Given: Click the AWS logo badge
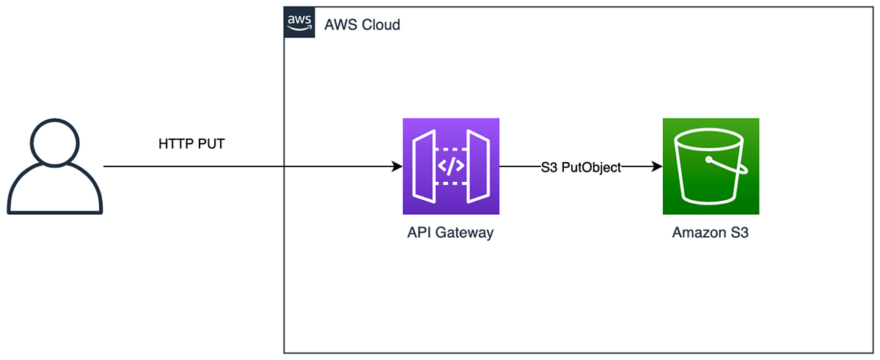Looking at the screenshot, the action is click(x=299, y=22).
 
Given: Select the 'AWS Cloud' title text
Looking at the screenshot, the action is click(x=362, y=25).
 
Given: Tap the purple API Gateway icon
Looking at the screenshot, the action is click(x=451, y=166).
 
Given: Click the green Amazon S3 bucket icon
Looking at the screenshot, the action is click(x=711, y=166).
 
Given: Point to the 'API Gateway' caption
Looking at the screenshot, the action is click(x=450, y=232).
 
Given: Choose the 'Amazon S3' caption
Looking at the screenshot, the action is click(x=711, y=232).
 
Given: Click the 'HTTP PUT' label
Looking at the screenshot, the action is click(x=191, y=144).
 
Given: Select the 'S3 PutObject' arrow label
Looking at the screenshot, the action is click(x=581, y=167).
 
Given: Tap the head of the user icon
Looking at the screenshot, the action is click(x=54, y=143).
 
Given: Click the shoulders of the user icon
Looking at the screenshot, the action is click(x=54, y=189).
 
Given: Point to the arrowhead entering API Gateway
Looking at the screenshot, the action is click(x=397, y=166).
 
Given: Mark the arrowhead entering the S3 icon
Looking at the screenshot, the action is click(x=657, y=166).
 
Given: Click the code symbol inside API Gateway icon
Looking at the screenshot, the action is click(x=451, y=166).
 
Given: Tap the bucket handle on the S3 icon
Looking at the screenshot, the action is click(x=727, y=165).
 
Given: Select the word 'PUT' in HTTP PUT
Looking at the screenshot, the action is click(x=211, y=144).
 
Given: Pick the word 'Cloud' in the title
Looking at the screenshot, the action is click(x=381, y=25).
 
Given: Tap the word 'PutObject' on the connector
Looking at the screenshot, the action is click(x=591, y=168).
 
